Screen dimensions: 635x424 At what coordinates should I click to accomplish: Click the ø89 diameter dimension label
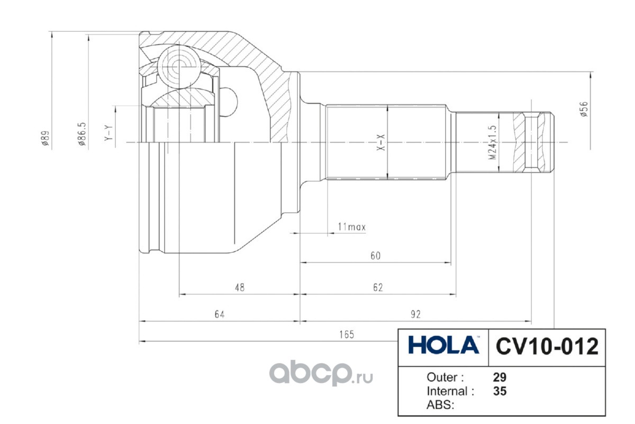[x=46, y=138]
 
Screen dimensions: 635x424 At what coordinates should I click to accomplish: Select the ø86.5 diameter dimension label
[x=82, y=134]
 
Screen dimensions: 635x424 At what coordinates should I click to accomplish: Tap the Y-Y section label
[x=108, y=133]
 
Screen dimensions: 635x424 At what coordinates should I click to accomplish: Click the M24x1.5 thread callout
[x=493, y=143]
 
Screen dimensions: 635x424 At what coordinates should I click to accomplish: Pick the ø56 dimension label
[x=584, y=109]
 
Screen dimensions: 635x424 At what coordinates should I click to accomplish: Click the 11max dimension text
[x=352, y=227]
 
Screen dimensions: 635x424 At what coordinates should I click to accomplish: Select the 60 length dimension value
[x=375, y=256]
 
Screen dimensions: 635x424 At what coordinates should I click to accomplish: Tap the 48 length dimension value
[x=240, y=288]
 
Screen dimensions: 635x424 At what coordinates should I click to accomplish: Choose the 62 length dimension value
[x=378, y=288]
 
